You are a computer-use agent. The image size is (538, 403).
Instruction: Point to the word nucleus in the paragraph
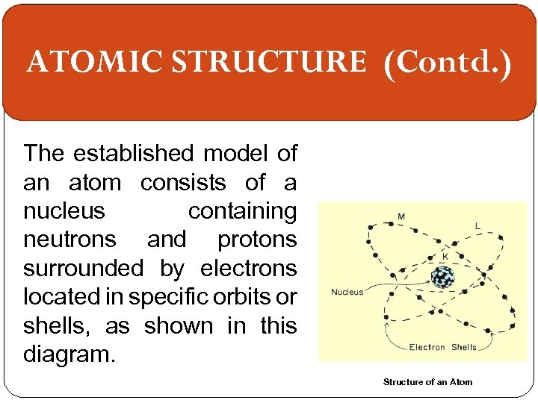point(64,211)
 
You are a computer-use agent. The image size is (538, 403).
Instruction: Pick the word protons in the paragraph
point(257,240)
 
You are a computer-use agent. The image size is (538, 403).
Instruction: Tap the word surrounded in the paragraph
point(83,269)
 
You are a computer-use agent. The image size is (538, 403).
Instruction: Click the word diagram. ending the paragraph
point(69,354)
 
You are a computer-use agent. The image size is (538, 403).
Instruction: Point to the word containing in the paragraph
point(242,211)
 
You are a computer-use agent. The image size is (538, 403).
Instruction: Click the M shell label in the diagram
point(401,217)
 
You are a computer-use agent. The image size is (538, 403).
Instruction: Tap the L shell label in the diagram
point(477,225)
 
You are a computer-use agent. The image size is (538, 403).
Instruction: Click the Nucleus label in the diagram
point(347,292)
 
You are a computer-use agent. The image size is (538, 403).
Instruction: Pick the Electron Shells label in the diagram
point(442,347)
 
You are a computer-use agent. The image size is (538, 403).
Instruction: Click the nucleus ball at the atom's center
point(442,278)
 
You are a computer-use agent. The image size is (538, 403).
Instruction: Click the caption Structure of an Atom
point(427,382)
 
